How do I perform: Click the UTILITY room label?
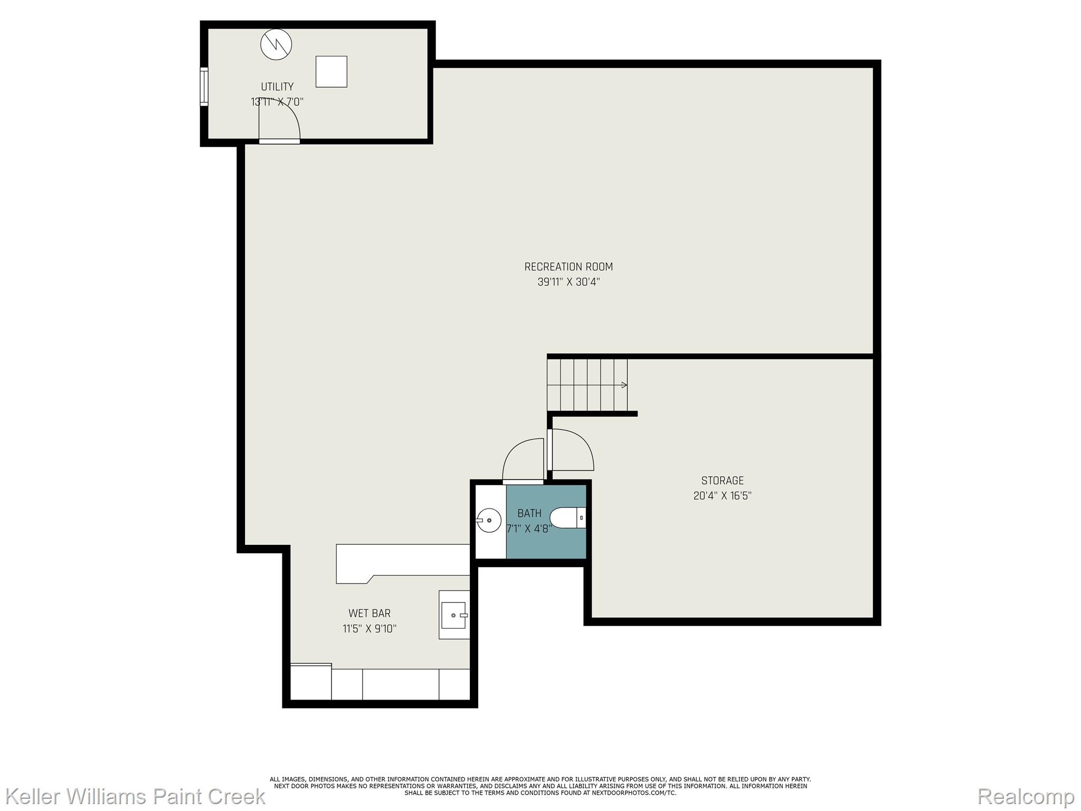click(277, 87)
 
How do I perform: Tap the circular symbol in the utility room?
click(276, 44)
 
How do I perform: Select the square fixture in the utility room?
click(331, 71)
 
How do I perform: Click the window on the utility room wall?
click(204, 87)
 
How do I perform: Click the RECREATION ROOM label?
click(568, 267)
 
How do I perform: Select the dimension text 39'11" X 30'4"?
click(568, 282)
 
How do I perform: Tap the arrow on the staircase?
click(624, 385)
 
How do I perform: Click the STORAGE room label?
click(722, 480)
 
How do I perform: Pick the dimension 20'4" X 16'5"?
click(722, 496)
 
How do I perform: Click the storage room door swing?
click(573, 450)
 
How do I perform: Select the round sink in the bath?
click(489, 520)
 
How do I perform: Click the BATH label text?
click(529, 513)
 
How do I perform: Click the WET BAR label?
click(369, 613)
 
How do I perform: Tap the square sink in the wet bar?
click(454, 615)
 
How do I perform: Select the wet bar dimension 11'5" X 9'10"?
click(369, 629)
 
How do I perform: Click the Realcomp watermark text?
click(1026, 796)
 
